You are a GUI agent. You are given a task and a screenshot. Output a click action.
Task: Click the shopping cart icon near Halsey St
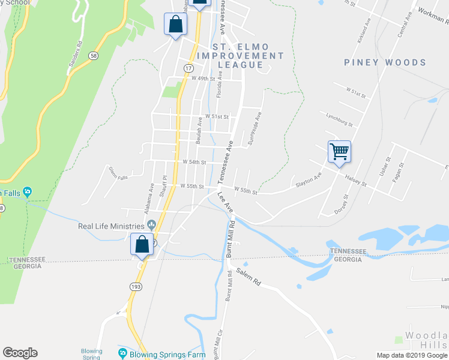click(x=339, y=151)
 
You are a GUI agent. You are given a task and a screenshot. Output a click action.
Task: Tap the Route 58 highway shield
click(x=92, y=55)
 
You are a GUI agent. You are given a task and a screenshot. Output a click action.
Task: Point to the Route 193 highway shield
click(x=136, y=287)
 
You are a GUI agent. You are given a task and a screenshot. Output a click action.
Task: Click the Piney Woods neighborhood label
click(x=385, y=62)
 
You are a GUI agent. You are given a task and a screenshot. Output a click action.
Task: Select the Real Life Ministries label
click(x=112, y=226)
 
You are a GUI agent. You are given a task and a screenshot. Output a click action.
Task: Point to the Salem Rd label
click(x=249, y=277)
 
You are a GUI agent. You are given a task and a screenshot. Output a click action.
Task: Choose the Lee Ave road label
click(x=225, y=201)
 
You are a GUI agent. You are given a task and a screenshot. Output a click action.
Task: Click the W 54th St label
click(x=194, y=162)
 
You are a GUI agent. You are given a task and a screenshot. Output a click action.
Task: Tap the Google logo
click(x=20, y=353)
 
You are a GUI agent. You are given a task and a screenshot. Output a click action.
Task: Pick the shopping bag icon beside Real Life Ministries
click(x=142, y=244)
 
